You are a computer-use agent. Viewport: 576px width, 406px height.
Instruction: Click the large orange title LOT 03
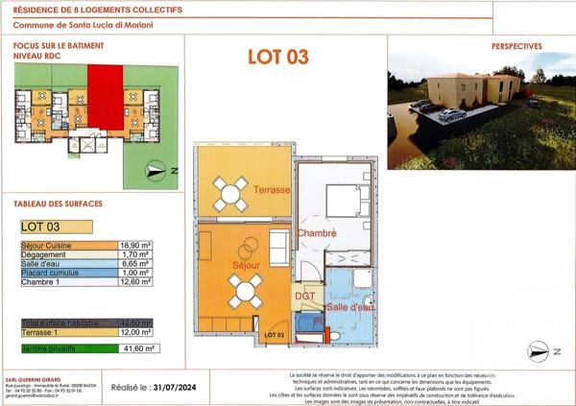277,57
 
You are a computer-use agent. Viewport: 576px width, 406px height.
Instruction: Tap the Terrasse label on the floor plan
272,191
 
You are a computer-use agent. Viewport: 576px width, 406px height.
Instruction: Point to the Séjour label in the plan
246,264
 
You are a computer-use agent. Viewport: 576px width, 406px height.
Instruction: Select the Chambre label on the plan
316,233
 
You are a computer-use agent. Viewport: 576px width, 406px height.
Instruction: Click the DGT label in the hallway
304,296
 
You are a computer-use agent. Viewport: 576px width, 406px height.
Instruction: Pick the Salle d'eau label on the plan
350,307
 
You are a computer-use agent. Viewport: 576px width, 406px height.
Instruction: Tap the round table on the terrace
230,193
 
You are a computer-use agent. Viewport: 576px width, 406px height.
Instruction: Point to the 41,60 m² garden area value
141,349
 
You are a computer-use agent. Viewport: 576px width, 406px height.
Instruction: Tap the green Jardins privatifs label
49,349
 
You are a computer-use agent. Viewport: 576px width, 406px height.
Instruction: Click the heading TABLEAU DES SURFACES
58,203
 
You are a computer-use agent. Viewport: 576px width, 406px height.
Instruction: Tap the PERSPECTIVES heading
516,45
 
